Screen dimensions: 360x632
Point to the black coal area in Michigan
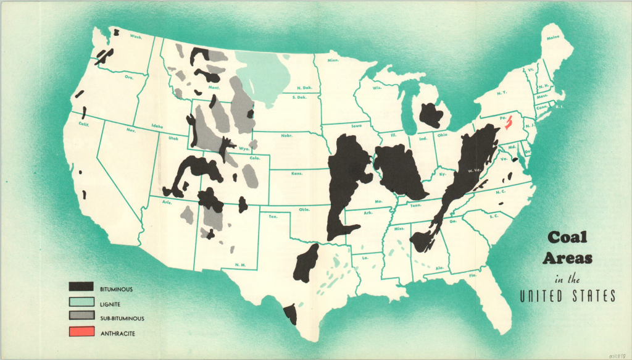click(x=430, y=115)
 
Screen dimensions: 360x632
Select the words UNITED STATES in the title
click(x=567, y=296)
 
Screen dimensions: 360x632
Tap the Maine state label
click(x=553, y=38)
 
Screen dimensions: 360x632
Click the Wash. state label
click(x=136, y=37)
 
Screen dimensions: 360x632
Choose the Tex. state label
click(x=273, y=216)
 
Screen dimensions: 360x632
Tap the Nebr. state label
click(x=286, y=135)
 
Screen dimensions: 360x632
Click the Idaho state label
click(x=157, y=127)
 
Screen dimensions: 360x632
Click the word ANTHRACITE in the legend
click(x=117, y=334)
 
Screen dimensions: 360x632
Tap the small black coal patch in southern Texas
click(x=289, y=314)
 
